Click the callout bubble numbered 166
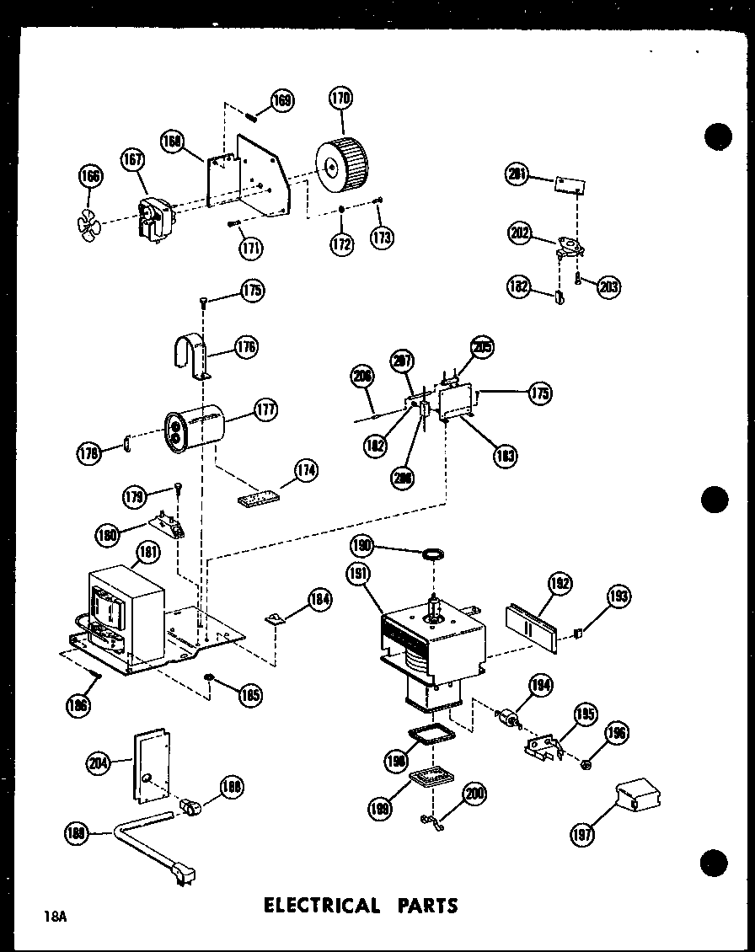(x=89, y=176)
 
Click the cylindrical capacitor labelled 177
(x=195, y=425)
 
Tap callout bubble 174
(x=306, y=471)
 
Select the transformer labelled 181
(x=126, y=610)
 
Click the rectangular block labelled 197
(x=639, y=794)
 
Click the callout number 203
(x=608, y=286)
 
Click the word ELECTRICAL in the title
(x=322, y=906)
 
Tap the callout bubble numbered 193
(x=618, y=596)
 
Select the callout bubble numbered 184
(x=319, y=600)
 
